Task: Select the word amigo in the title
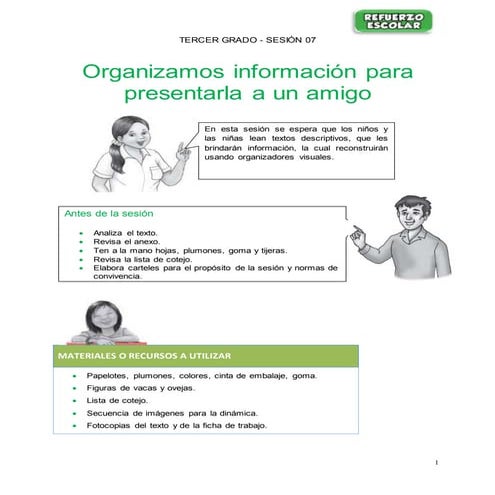337,95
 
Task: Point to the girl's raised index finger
184,146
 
